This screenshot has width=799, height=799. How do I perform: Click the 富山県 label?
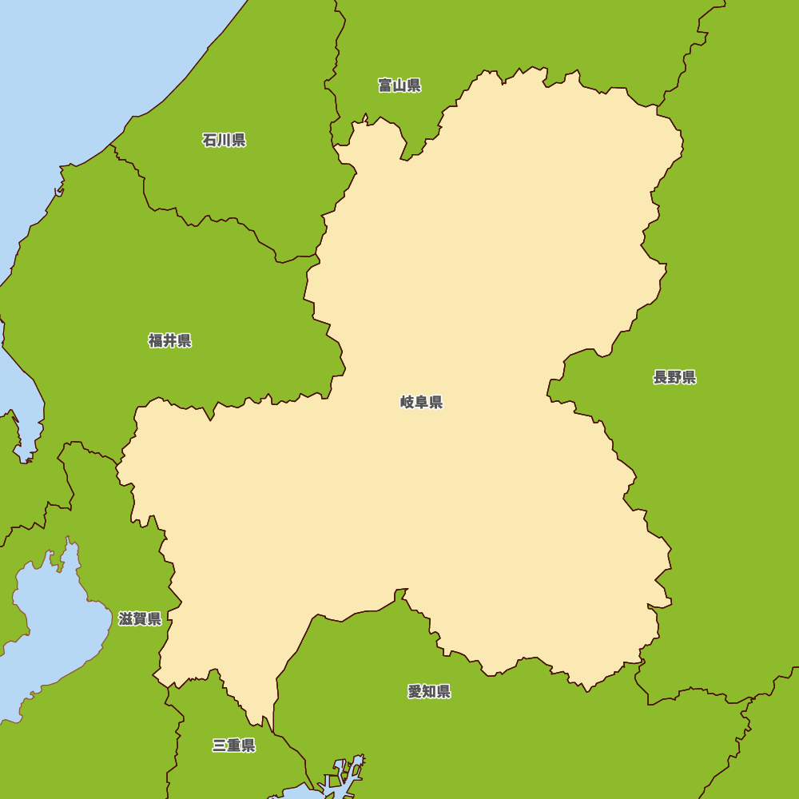click(x=399, y=85)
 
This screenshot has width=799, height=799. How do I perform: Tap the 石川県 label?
click(x=224, y=141)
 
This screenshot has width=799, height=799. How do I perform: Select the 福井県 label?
click(x=170, y=341)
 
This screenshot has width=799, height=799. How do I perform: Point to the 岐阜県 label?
click(x=421, y=402)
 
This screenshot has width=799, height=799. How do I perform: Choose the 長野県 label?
click(x=674, y=378)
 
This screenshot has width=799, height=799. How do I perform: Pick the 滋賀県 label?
click(x=140, y=618)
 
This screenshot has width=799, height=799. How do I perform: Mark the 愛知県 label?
click(x=429, y=692)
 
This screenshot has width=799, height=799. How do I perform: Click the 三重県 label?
click(x=233, y=745)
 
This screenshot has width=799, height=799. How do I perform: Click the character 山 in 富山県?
click(x=399, y=85)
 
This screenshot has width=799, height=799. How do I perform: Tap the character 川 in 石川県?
click(x=224, y=141)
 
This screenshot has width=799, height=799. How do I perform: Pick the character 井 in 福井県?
click(x=170, y=341)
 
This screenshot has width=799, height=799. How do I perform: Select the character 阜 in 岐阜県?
click(x=421, y=402)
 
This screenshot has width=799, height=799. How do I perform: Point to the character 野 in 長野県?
click(x=674, y=378)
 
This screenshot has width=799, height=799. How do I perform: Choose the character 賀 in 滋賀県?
click(x=140, y=618)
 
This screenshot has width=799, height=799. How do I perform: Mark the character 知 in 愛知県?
click(x=429, y=692)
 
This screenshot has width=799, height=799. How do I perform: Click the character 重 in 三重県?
click(x=233, y=745)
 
